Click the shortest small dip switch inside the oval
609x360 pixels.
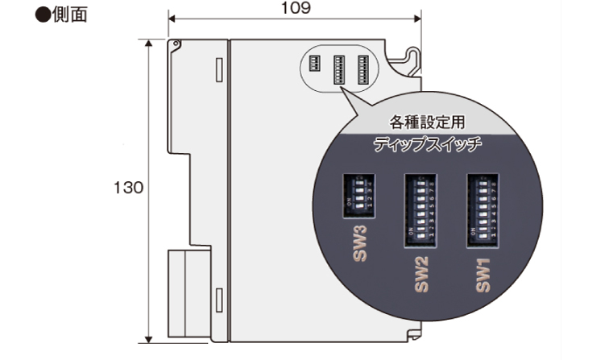[317, 60]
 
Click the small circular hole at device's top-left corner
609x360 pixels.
[172, 47]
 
